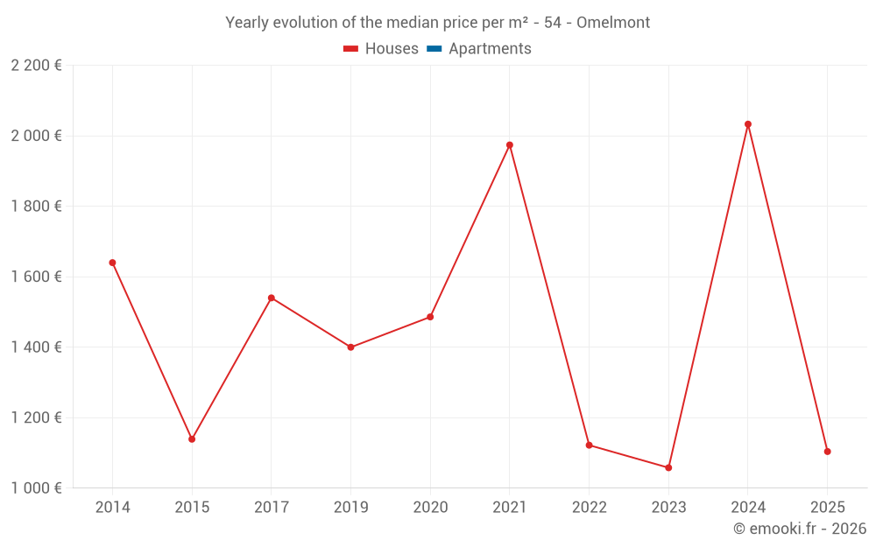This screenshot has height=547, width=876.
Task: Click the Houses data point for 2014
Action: point(112,263)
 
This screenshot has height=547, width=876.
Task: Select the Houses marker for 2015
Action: point(192,439)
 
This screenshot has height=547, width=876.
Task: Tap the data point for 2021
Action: point(510,145)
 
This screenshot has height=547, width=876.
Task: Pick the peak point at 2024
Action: point(748,124)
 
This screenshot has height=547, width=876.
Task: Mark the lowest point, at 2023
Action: point(668,467)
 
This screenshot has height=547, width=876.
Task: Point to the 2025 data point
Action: point(827,452)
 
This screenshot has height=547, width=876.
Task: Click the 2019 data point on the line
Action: point(350,347)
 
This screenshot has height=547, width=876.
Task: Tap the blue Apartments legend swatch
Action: point(434,49)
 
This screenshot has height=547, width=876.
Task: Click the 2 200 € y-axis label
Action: point(36,66)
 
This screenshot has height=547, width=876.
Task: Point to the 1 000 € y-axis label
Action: point(36,487)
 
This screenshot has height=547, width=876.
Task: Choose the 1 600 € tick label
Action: point(36,277)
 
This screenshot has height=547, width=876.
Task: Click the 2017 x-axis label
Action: point(272,508)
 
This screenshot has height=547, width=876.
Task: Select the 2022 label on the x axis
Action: point(589,508)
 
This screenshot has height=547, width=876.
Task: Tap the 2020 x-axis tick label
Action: point(430,508)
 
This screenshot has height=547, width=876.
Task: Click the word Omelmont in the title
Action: point(613,23)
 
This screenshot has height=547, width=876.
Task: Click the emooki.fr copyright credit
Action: point(800,529)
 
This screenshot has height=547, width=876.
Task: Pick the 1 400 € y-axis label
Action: point(36,347)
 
